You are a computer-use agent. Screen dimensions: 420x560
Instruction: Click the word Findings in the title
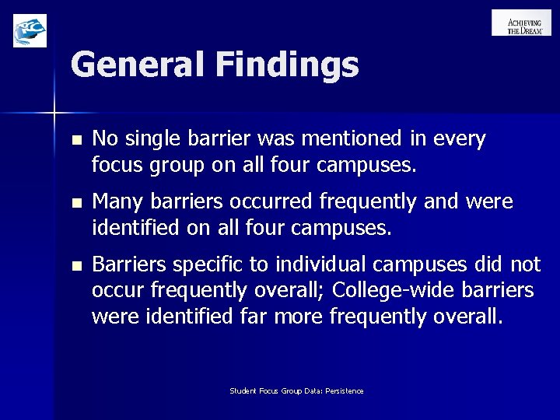[288, 65]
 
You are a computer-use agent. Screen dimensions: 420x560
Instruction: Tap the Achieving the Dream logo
[521, 23]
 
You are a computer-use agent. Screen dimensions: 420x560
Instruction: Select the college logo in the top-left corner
[30, 30]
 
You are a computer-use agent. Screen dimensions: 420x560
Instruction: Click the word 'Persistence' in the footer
[345, 390]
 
